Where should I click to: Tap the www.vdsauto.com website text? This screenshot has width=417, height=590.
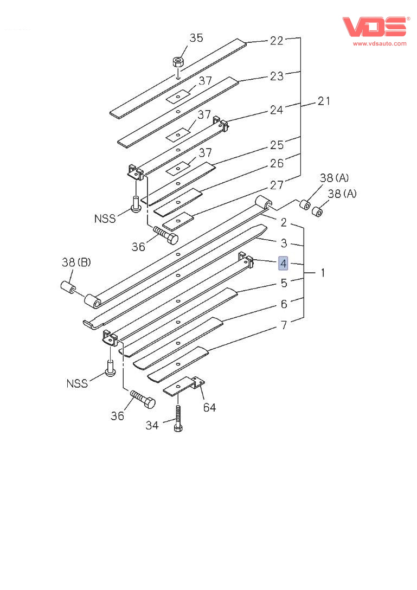coord(380,43)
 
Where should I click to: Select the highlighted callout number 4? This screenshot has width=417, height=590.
coord(284,264)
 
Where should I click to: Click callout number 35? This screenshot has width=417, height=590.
coord(196,38)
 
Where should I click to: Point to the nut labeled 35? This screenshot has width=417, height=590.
coord(178,61)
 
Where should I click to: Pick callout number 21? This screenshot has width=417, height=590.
coord(324,100)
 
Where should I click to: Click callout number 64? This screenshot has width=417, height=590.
coord(209,407)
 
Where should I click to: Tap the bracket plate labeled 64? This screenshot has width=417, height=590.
coord(182,386)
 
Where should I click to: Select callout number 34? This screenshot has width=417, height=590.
coord(152,426)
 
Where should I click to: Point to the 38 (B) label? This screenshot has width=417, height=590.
coord(76,263)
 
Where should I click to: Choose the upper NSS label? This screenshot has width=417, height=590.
coord(105,219)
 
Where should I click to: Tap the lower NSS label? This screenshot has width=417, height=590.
coord(77,383)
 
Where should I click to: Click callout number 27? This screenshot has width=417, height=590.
coord(277,184)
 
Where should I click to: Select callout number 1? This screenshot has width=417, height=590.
coord(323,273)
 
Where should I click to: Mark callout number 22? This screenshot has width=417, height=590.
coord(277,41)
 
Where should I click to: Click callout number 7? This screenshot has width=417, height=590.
coord(284,325)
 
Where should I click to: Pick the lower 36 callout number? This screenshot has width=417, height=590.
coord(117,416)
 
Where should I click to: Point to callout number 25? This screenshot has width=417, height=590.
coord(277,145)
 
